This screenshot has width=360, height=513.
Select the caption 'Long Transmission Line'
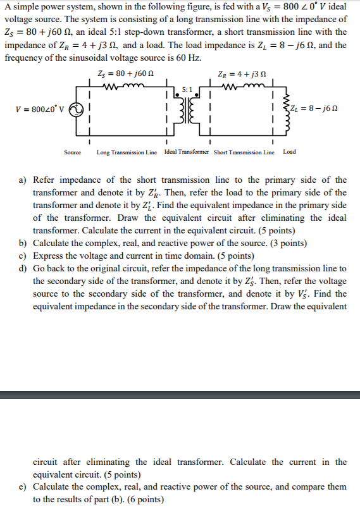(127, 152)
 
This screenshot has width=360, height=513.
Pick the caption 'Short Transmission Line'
(244, 152)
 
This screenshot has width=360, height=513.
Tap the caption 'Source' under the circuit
(73, 152)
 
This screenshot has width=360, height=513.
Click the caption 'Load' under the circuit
(289, 152)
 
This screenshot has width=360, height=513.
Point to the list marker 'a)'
(23, 180)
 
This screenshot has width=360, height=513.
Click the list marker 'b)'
(23, 244)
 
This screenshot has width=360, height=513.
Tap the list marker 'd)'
(23, 269)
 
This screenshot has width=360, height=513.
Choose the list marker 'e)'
(23, 487)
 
